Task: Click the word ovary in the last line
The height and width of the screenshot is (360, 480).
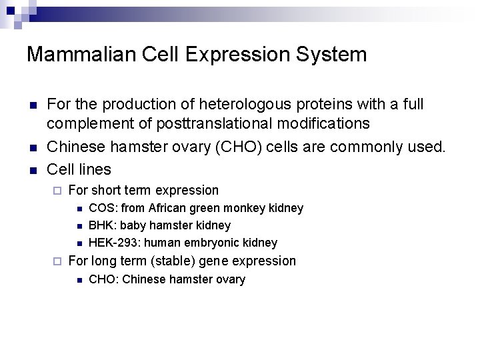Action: tap(230, 280)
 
